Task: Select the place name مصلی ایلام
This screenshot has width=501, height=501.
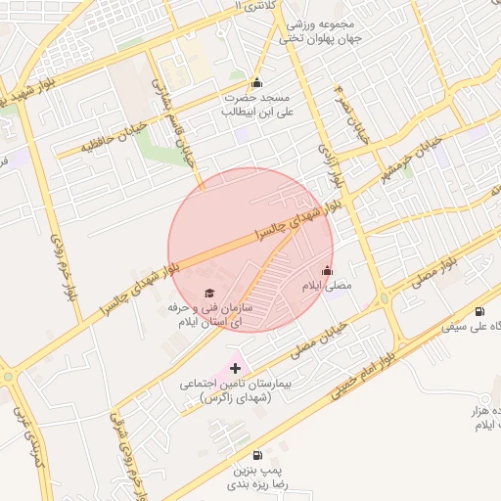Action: pos(325,285)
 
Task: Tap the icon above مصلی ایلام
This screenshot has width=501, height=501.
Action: pos(326,271)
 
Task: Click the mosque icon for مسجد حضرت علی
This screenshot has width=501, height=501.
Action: pos(256,82)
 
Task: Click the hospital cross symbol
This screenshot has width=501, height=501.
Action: pos(235,367)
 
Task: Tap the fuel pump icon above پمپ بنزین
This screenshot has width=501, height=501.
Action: pos(256,455)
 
